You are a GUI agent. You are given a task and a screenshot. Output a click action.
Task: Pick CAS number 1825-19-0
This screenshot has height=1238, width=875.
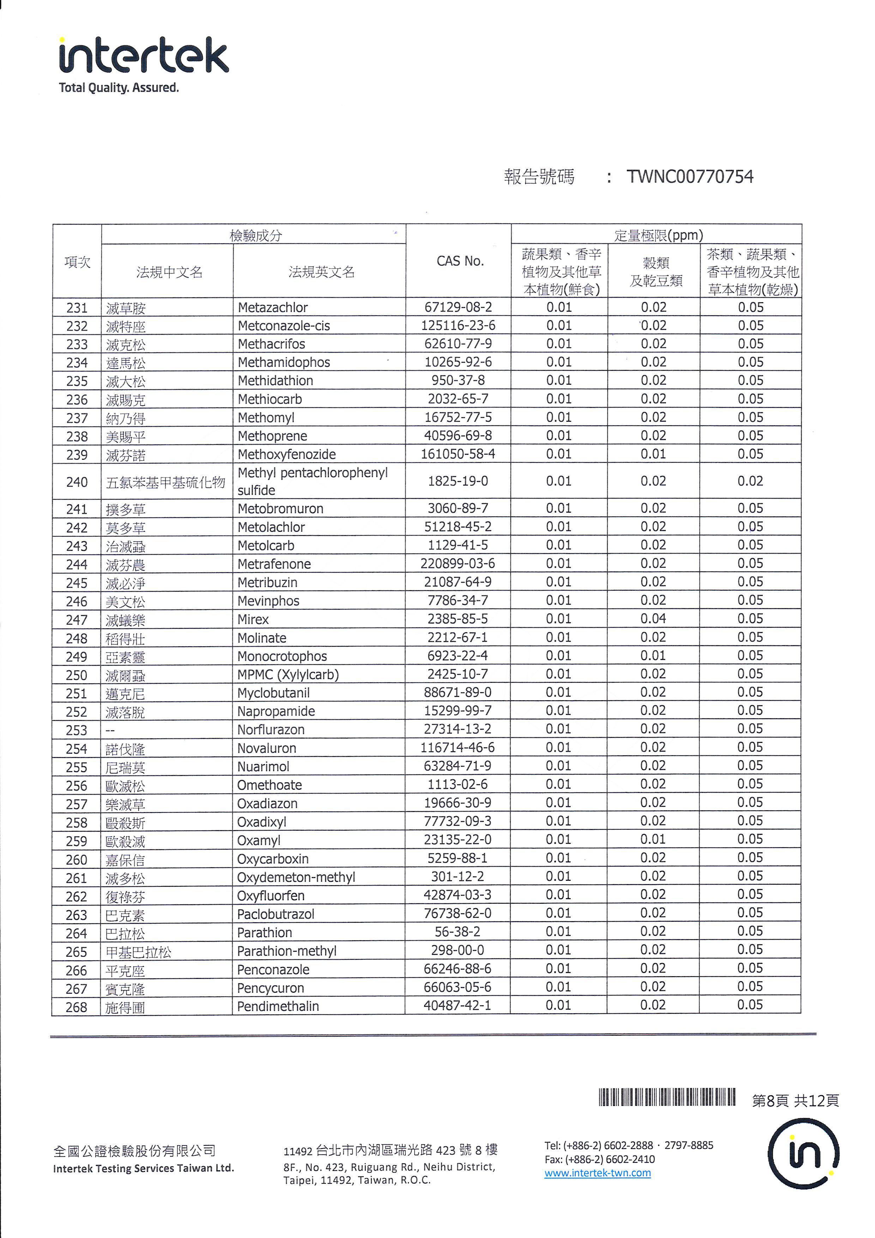click(458, 481)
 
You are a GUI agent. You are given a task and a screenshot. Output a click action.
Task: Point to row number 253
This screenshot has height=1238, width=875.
click(77, 730)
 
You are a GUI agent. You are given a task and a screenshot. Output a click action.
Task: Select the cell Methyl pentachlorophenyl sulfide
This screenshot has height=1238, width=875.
click(313, 481)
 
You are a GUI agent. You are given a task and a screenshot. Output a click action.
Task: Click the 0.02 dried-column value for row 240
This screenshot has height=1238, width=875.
click(750, 481)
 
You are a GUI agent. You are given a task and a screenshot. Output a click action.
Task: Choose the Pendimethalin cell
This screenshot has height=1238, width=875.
click(278, 1006)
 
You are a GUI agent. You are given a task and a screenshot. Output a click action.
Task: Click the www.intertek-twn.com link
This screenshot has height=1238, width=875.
click(597, 1173)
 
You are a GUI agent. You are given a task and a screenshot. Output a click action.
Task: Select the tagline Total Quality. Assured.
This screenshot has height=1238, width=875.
click(119, 88)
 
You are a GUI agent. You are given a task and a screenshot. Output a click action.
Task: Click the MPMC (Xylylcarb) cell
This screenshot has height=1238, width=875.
click(288, 674)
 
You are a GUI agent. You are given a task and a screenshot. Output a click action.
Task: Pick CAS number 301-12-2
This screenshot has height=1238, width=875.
click(457, 876)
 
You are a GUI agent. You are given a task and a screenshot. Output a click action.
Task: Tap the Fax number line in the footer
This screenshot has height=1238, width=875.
click(599, 1159)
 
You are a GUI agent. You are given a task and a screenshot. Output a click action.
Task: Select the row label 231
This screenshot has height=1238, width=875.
click(77, 308)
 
